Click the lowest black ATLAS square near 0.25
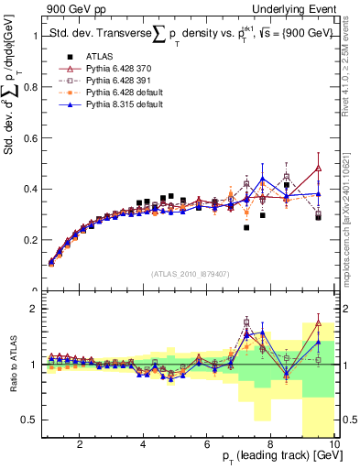pos(246,227)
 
